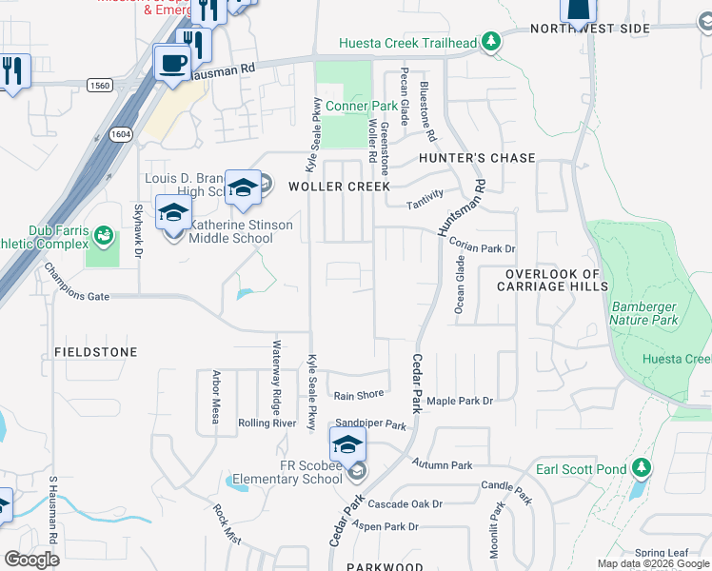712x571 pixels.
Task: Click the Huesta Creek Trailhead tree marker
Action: [491, 41]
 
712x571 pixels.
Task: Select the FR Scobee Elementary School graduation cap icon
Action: [347, 445]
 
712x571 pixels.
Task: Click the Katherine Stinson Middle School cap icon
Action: [173, 214]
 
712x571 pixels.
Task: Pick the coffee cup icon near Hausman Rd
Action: [171, 63]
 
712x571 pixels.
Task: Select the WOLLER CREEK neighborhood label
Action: [340, 187]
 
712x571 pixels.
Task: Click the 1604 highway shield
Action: [121, 135]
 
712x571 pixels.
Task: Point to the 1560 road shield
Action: [99, 86]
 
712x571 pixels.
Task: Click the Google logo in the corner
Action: [31, 560]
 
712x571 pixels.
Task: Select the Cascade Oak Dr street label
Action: [405, 503]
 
